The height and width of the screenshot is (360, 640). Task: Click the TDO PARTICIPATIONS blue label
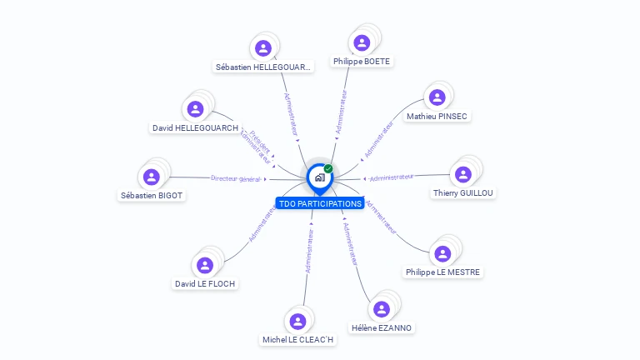(x=320, y=203)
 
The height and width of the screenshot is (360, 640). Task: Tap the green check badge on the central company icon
(x=328, y=168)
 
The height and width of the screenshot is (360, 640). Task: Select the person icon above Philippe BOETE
(x=362, y=42)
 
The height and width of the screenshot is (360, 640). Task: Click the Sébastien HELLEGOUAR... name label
(x=263, y=67)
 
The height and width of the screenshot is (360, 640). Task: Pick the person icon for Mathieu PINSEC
(x=437, y=97)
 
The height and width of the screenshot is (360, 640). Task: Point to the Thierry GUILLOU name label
(x=463, y=192)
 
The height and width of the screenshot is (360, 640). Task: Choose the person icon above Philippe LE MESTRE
(x=443, y=253)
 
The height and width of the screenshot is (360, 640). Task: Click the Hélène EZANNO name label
(x=382, y=327)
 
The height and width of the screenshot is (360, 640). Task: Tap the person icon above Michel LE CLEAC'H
(x=297, y=321)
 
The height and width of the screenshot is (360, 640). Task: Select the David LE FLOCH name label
(x=205, y=283)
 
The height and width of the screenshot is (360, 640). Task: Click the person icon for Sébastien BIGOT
(x=152, y=177)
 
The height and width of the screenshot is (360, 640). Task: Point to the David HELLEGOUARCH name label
(x=195, y=127)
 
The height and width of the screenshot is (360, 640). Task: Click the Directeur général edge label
(x=236, y=178)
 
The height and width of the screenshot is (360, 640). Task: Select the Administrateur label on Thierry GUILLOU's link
(x=392, y=177)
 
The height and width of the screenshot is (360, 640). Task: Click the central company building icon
(x=319, y=177)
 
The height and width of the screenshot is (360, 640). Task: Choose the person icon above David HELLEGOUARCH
(x=195, y=108)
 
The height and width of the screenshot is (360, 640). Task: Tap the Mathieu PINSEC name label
(x=437, y=117)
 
